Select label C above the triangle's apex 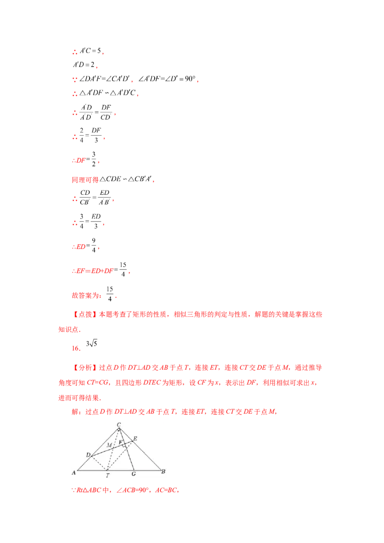[x=119, y=424]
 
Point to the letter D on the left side [x=88, y=454]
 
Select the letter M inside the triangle [x=109, y=445]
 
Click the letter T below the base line [x=108, y=475]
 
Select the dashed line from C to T [x=113, y=449]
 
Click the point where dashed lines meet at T [x=107, y=471]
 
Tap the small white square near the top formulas [x=79, y=59]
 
